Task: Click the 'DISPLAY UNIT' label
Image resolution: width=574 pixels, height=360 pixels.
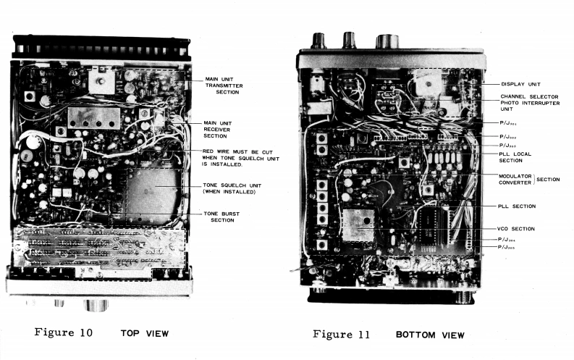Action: pyautogui.click(x=520, y=84)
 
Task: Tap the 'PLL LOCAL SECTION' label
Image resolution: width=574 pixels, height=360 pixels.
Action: pyautogui.click(x=516, y=157)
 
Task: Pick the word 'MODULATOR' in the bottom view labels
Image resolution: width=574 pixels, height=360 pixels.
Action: pyautogui.click(x=516, y=175)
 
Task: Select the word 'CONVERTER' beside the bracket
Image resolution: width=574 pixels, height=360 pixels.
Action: pyautogui.click(x=516, y=182)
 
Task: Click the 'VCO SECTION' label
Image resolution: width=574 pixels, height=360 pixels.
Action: pyautogui.click(x=517, y=229)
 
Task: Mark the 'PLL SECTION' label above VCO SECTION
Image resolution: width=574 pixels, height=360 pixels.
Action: pyautogui.click(x=517, y=206)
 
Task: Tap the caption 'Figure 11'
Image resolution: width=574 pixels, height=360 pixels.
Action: pyautogui.click(x=341, y=334)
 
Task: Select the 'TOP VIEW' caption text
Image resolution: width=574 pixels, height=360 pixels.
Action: pyautogui.click(x=145, y=333)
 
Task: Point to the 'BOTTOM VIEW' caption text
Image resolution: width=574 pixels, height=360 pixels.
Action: pyautogui.click(x=430, y=335)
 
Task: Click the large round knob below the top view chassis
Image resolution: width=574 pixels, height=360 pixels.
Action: pyautogui.click(x=96, y=304)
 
